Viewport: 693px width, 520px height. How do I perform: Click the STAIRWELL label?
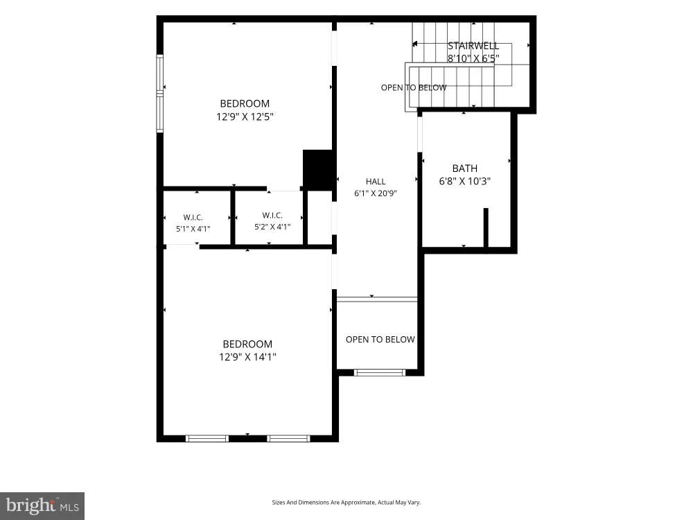point(473,46)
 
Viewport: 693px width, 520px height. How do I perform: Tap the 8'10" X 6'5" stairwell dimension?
point(473,58)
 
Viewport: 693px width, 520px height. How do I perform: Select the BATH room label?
point(465,168)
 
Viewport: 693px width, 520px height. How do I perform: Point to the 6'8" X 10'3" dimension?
point(465,181)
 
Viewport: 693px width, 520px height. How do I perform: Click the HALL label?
point(376,181)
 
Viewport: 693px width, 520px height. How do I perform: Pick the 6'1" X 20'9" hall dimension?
point(376,193)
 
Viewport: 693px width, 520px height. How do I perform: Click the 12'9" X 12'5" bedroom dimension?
point(245,116)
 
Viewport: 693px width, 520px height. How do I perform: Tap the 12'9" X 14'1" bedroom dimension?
point(247,357)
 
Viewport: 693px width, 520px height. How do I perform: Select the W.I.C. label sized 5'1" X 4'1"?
point(193,218)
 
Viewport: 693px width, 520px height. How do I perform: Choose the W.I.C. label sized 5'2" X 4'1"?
point(272,216)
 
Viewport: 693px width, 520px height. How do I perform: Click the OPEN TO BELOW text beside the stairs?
point(414,87)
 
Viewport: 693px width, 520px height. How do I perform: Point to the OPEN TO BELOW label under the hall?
point(380,339)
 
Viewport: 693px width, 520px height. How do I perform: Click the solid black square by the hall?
point(317,170)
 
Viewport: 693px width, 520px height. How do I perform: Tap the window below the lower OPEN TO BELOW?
point(380,373)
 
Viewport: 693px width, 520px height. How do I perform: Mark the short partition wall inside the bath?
point(486,227)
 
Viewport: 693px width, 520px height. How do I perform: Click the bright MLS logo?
point(42,506)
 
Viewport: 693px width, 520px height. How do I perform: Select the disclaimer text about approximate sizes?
point(346,502)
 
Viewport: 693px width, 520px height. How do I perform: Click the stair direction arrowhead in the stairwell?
point(414,44)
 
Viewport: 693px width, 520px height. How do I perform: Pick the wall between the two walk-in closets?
point(232,218)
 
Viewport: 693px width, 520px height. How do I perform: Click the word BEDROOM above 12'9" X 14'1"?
point(247,344)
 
